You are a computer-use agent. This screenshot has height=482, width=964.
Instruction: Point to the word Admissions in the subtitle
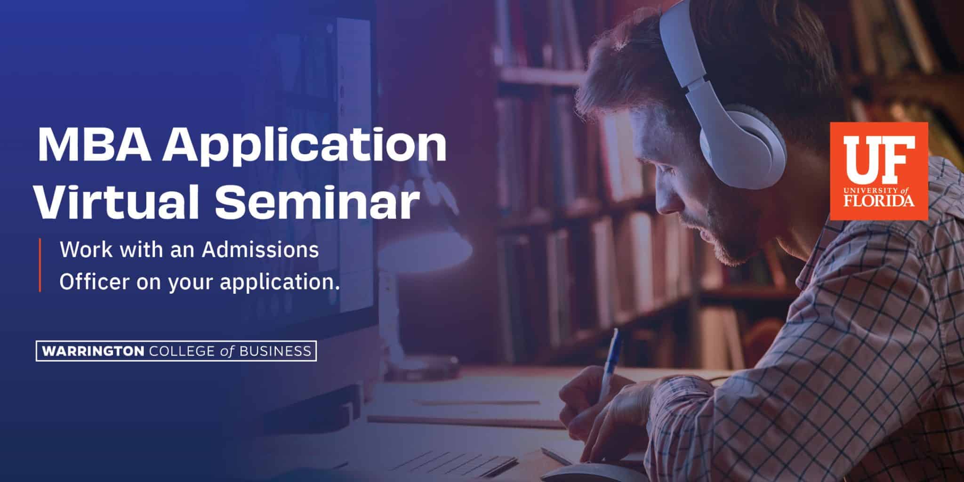[260, 250]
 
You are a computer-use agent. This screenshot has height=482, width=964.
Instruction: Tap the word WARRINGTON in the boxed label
[93, 351]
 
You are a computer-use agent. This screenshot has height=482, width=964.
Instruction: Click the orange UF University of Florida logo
[878, 171]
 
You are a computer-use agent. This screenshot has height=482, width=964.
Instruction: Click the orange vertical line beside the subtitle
[40, 265]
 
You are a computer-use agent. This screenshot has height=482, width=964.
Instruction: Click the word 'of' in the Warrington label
[227, 351]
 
